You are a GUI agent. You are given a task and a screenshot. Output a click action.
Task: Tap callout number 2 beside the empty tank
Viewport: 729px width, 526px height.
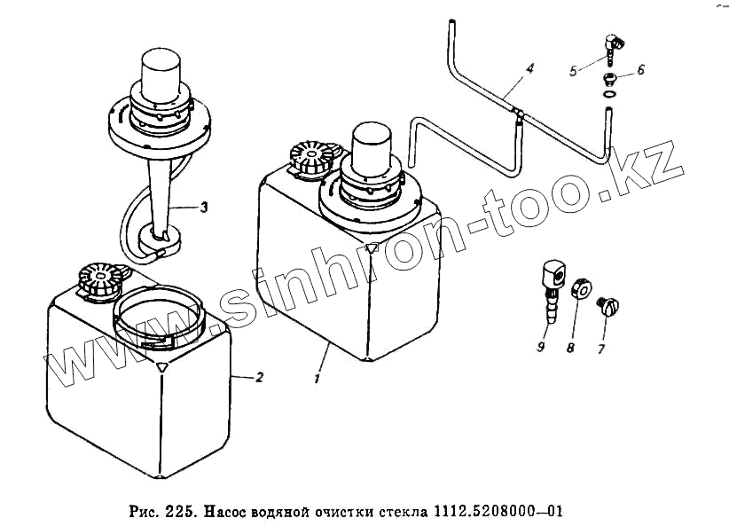tap(258, 377)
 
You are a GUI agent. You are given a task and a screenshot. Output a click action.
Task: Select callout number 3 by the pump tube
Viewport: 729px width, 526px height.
tap(204, 208)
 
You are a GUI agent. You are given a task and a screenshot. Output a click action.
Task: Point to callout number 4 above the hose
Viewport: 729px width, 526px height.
tap(529, 67)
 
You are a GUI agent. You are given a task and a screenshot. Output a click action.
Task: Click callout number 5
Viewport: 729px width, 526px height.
tap(574, 70)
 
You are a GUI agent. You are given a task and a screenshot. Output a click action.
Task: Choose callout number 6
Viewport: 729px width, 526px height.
tap(640, 68)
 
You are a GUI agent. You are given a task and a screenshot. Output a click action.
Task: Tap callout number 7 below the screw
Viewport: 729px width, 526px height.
tap(600, 349)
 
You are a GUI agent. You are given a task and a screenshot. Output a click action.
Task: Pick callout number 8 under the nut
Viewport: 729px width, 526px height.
tap(570, 349)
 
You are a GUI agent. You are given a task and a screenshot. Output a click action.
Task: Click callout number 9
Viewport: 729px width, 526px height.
tap(539, 347)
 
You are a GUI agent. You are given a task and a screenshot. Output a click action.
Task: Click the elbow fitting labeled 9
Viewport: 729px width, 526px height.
tap(548, 281)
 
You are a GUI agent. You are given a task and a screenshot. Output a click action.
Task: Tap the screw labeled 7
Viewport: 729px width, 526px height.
tap(609, 306)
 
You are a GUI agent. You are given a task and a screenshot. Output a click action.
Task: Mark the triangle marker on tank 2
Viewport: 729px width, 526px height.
tap(161, 365)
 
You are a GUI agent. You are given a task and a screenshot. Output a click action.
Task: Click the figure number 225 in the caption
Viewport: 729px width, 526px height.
tap(179, 512)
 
